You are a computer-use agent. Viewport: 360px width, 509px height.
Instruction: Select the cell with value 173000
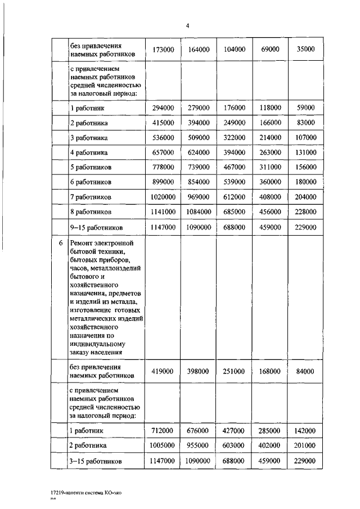(x=163, y=49)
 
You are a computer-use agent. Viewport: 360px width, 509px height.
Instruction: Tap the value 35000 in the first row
(x=305, y=49)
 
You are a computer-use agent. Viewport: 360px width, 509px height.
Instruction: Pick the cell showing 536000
(x=163, y=138)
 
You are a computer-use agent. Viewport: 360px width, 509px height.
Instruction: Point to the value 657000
(x=163, y=152)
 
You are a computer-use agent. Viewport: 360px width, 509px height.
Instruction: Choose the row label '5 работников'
(x=91, y=168)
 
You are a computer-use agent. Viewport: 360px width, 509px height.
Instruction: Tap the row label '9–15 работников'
(x=96, y=227)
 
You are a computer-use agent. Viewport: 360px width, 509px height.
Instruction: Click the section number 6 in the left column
(x=60, y=243)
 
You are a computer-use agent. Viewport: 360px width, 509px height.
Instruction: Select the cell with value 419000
(x=163, y=371)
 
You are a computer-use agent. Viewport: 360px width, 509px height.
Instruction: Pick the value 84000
(x=305, y=371)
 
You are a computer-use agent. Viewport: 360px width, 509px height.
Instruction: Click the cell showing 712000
(x=163, y=431)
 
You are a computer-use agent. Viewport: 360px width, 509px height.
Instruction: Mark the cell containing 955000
(x=198, y=445)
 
